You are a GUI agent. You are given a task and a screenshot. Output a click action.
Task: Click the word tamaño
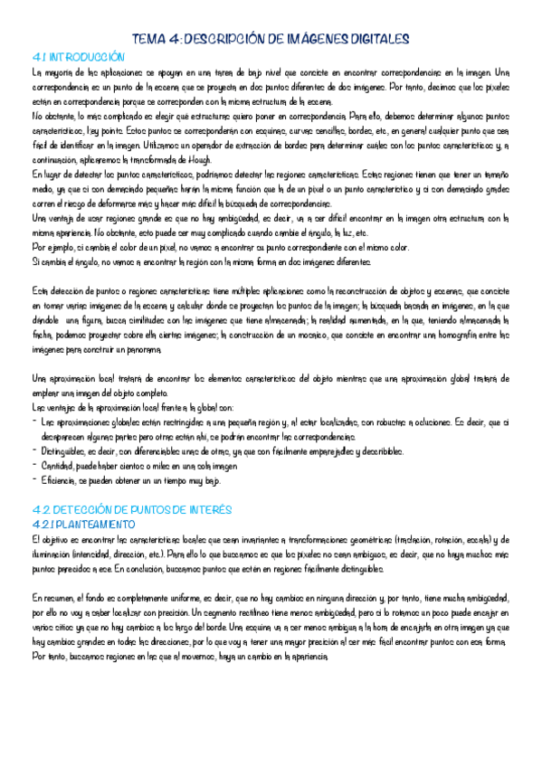[x=492, y=175]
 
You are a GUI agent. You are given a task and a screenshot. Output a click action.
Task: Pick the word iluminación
[x=53, y=551]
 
